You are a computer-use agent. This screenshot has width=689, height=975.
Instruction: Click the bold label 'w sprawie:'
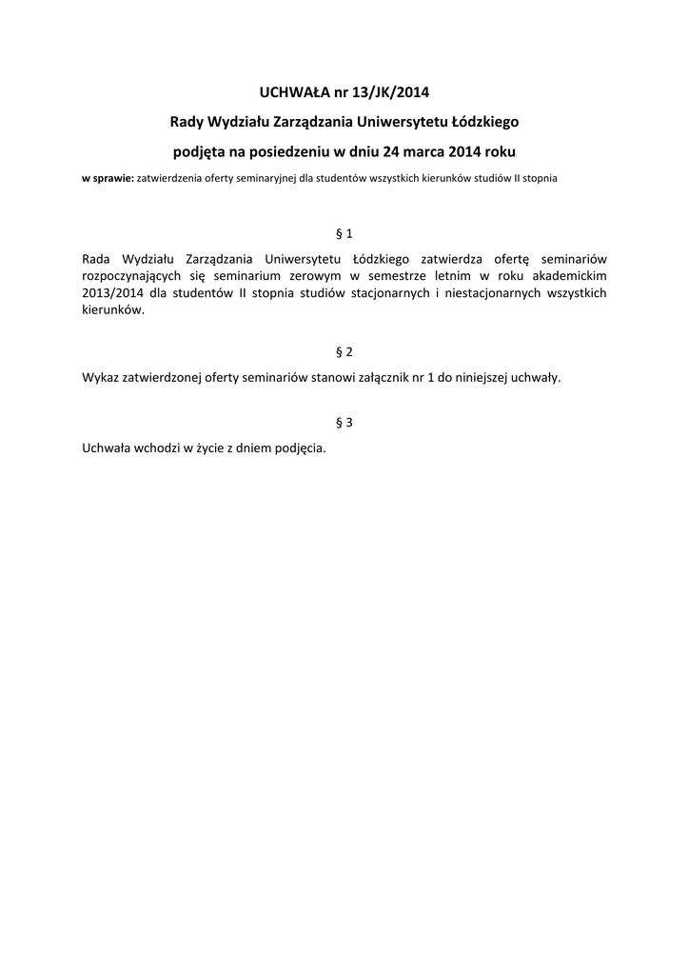108,178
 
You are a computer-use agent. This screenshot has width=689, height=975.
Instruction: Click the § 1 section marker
344,233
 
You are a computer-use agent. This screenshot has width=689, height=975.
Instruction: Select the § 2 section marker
344,351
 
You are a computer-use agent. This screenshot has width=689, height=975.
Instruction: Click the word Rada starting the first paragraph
98,259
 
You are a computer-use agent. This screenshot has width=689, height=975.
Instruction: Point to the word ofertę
517,259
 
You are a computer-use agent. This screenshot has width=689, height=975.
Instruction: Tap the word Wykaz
101,377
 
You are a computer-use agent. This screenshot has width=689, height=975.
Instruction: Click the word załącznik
389,377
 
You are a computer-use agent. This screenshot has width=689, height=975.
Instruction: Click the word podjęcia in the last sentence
300,448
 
